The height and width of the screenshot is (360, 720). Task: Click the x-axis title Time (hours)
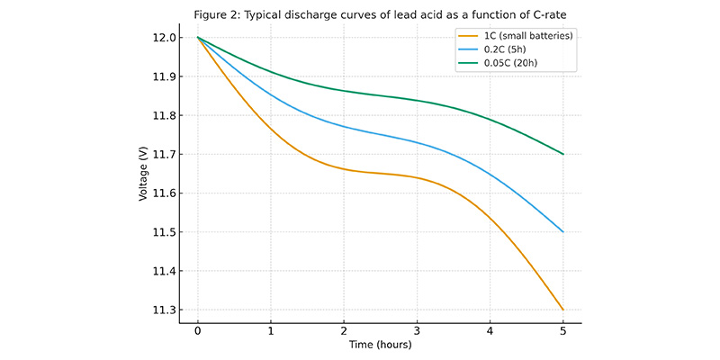click(x=380, y=346)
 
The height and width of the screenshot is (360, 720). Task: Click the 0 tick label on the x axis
click(x=198, y=330)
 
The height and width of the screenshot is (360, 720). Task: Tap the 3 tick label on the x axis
click(x=417, y=330)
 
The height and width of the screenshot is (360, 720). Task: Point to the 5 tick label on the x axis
click(x=563, y=330)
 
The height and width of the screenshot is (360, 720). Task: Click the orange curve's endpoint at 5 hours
click(x=563, y=310)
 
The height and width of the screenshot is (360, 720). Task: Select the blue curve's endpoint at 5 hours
click(x=563, y=232)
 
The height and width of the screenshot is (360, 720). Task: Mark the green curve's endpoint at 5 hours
click(x=563, y=154)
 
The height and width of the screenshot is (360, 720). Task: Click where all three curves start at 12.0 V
click(x=198, y=38)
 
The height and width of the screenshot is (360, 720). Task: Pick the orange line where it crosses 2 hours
click(x=344, y=169)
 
